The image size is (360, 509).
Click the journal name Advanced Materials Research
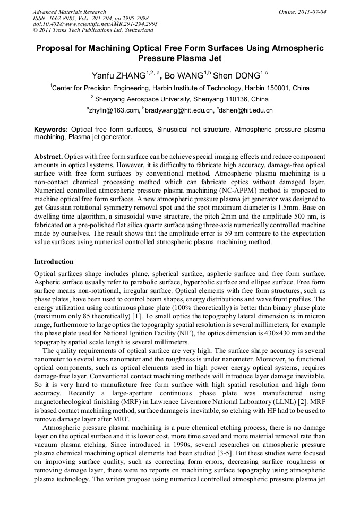69,12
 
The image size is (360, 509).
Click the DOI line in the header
95,24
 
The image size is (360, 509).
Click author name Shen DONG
237,76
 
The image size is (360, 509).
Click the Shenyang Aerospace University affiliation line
179,99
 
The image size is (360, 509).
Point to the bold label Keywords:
51,130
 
